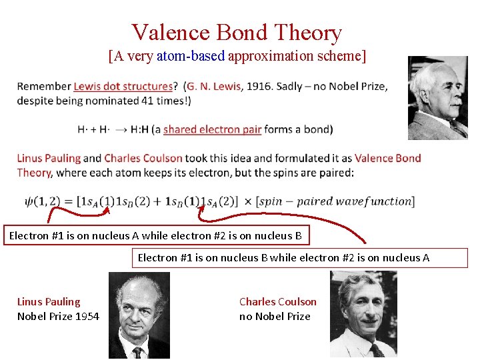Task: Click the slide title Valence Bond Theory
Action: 237,32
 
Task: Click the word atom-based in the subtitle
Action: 191,56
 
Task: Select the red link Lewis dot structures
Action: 123,86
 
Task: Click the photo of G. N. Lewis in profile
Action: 438,98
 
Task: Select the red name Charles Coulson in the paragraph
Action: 143,158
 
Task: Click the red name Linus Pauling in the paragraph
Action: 49,158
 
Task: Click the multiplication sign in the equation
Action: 247,201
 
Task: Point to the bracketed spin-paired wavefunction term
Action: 335,201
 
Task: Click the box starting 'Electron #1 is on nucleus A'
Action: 156,235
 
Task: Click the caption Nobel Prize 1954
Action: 58,316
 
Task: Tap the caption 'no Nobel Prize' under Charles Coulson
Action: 275,316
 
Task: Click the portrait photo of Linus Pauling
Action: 139,315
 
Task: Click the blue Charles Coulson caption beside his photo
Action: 277,301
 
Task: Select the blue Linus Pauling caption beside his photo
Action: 49,301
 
